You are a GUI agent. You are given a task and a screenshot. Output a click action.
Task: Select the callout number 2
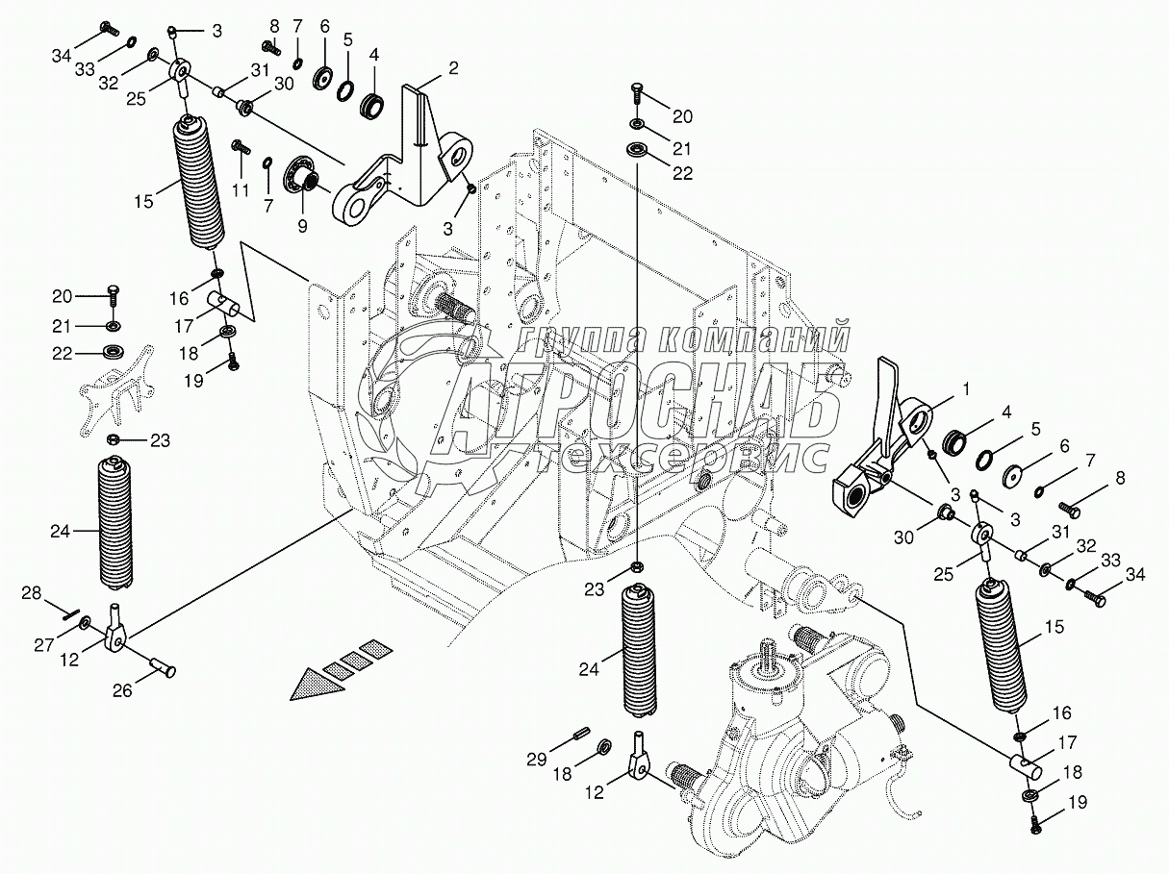(453, 68)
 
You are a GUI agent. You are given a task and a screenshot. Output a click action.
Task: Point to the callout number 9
(302, 227)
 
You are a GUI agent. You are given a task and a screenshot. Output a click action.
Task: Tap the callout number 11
(241, 190)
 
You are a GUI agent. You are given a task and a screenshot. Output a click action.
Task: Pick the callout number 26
(122, 690)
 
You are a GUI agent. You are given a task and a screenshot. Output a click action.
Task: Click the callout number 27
(44, 645)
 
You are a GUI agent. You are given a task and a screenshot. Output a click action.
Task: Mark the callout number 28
(32, 593)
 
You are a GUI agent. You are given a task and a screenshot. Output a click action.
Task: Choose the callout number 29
(536, 759)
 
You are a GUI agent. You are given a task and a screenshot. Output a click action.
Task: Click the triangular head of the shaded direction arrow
(318, 686)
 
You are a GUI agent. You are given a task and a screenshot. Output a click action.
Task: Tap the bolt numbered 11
(241, 147)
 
